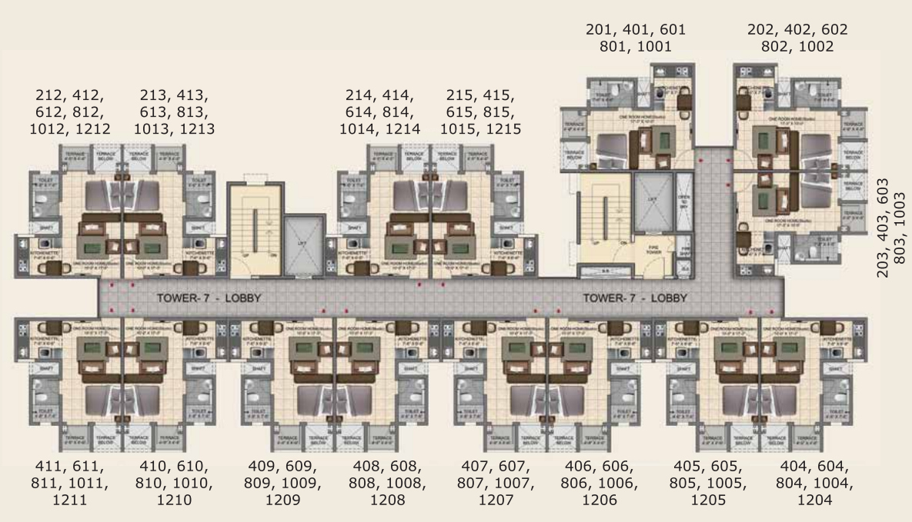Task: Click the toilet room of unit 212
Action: click(x=45, y=203)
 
